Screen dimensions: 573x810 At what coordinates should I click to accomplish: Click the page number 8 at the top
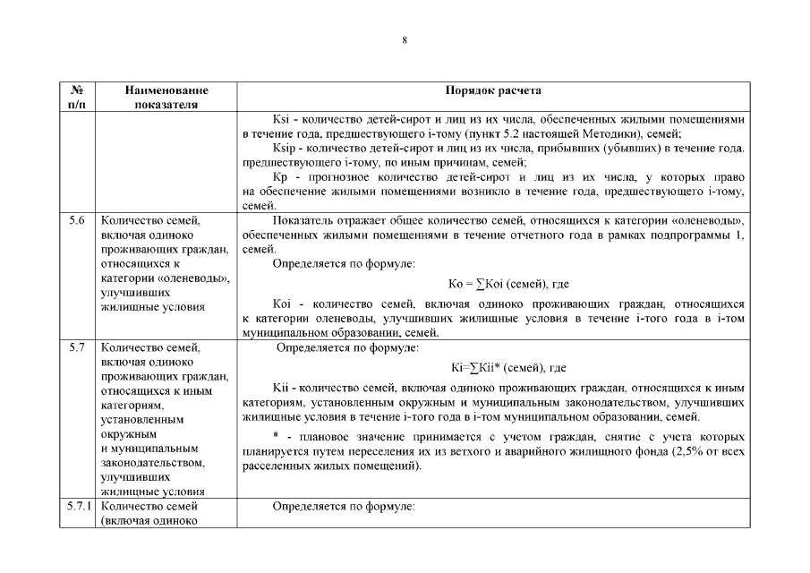(x=405, y=40)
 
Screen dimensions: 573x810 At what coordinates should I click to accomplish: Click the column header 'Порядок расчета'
(x=492, y=90)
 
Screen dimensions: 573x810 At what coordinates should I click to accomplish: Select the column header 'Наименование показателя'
(x=167, y=97)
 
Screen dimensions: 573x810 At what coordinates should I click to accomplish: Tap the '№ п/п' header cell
(x=77, y=97)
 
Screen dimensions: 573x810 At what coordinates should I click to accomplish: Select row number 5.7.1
(x=77, y=507)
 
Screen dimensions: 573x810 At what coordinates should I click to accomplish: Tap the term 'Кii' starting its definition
(x=280, y=389)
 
